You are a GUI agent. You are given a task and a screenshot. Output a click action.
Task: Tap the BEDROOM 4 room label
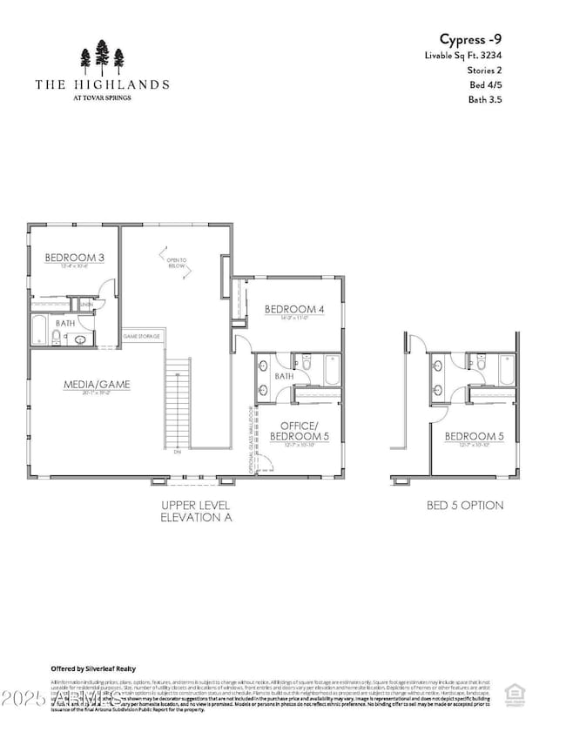[293, 310]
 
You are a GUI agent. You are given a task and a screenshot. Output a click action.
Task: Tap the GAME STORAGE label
[141, 335]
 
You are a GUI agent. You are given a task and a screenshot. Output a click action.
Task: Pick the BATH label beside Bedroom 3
[66, 322]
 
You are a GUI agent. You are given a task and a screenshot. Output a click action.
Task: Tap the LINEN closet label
[86, 305]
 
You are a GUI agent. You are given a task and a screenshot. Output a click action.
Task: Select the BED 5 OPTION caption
[464, 506]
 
